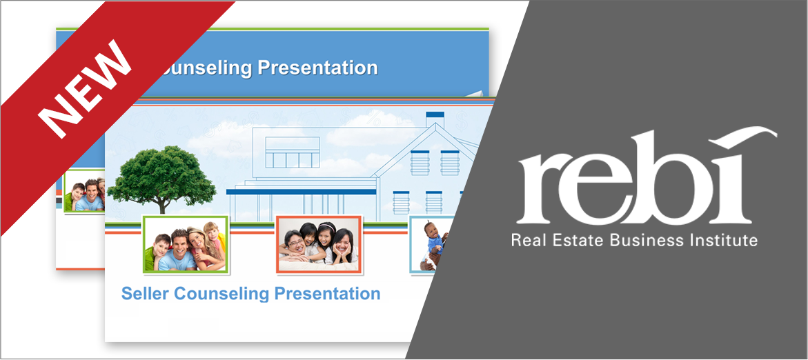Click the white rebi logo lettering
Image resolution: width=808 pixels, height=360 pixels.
pos(647,176)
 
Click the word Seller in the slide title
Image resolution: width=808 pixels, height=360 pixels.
pos(146,294)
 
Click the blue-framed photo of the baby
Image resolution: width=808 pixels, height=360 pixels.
pos(428,245)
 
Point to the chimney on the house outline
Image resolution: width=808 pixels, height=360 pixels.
pos(435,119)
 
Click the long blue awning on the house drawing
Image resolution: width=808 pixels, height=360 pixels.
pos(301,192)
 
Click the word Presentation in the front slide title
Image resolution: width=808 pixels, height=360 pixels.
pos(327,294)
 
